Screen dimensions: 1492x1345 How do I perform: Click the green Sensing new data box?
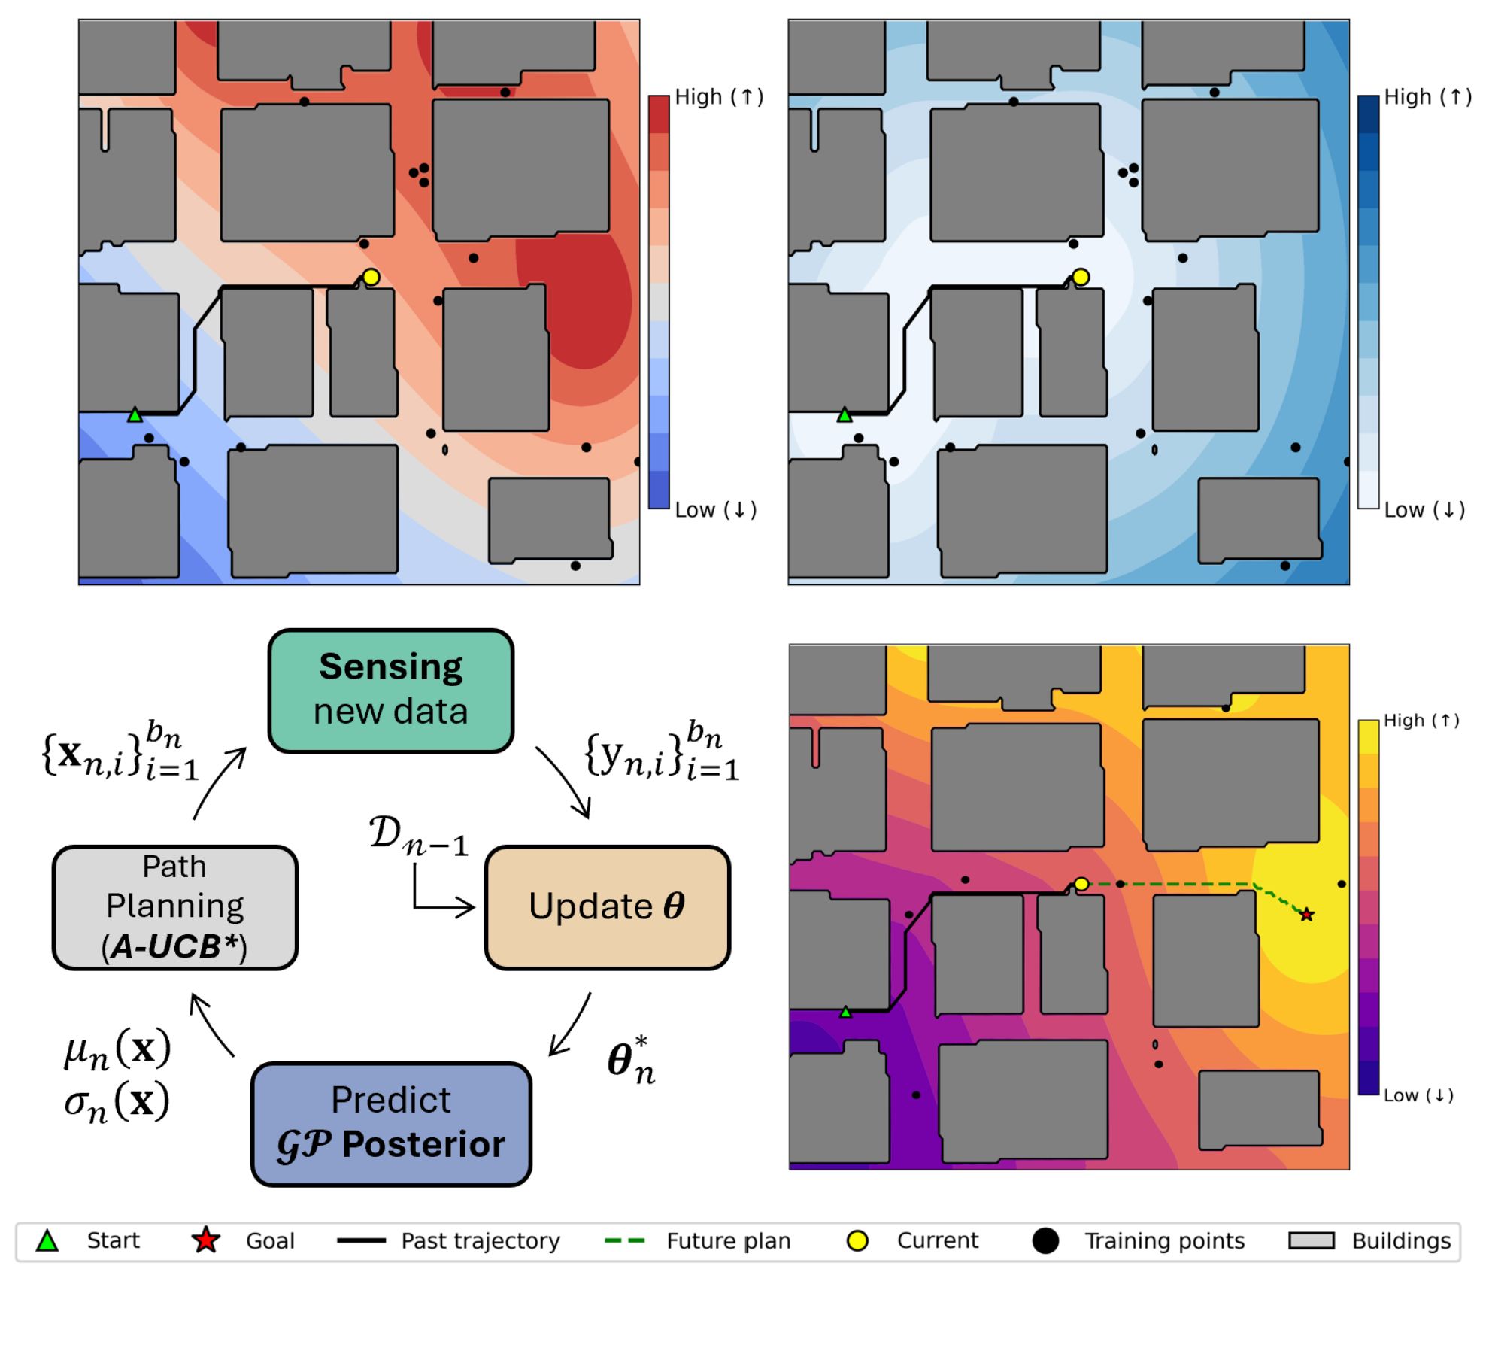click(x=391, y=691)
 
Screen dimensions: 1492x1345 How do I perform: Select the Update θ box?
click(x=608, y=907)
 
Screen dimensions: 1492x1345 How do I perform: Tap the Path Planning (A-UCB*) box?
click(x=175, y=907)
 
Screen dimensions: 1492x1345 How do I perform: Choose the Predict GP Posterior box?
click(x=391, y=1124)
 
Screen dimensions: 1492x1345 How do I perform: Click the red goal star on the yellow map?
click(x=1307, y=915)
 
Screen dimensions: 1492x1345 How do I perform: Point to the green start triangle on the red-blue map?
click(x=135, y=414)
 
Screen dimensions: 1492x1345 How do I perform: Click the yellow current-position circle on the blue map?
click(x=1081, y=277)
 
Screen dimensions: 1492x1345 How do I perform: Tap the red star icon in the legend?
click(x=205, y=1240)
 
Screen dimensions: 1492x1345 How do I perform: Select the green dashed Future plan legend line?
click(x=625, y=1241)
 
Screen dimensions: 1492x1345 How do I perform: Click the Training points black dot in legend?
click(x=1045, y=1240)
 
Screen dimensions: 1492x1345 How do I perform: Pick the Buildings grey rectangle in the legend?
click(x=1312, y=1240)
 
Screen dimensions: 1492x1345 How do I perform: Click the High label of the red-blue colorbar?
click(x=719, y=97)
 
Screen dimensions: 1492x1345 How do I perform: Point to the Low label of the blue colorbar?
click(x=1424, y=510)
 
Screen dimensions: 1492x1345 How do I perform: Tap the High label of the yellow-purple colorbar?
click(x=1421, y=721)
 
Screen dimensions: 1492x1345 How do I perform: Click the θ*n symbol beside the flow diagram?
click(x=632, y=1061)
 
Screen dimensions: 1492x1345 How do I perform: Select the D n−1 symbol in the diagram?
click(x=418, y=836)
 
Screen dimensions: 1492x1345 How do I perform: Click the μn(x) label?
click(x=117, y=1049)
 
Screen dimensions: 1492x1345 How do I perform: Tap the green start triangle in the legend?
click(x=47, y=1240)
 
